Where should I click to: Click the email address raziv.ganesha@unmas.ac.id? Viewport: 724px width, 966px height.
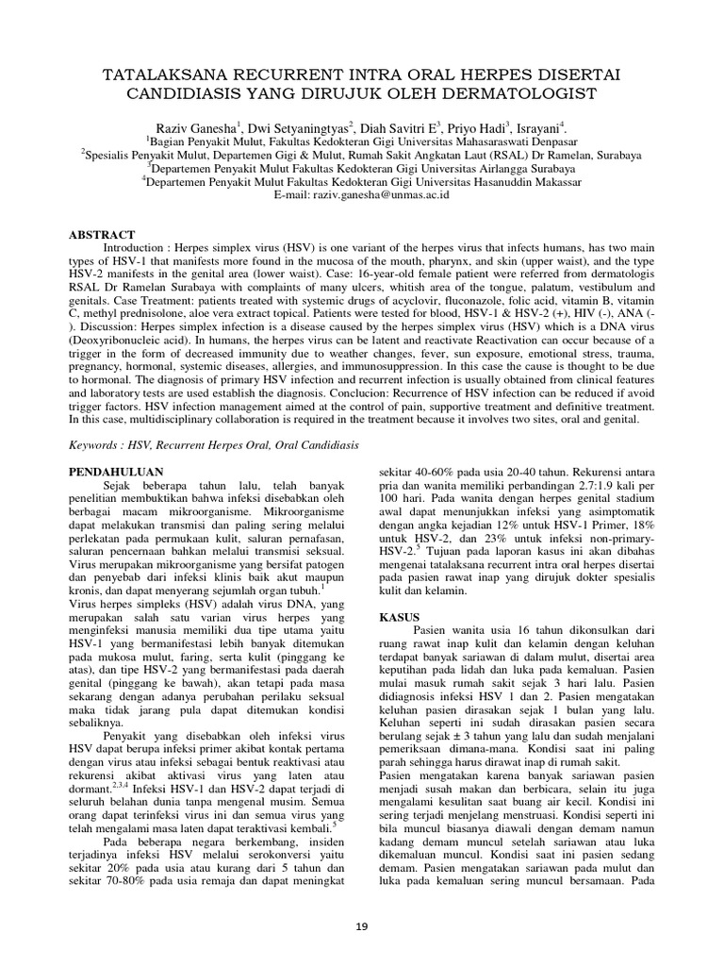click(x=382, y=193)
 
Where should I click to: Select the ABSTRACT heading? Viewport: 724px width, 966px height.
click(x=104, y=234)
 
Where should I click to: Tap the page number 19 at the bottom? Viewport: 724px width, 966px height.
click(x=362, y=926)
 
